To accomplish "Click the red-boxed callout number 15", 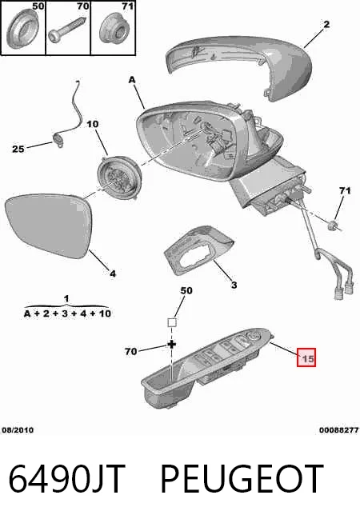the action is pos(306,357).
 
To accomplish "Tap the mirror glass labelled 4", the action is pos(49,226).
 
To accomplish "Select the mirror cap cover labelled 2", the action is pos(239,65).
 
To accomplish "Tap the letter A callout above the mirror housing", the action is pos(132,80).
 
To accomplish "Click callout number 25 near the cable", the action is pos(18,149).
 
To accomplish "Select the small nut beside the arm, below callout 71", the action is pos(332,226).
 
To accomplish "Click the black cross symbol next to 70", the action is pos(171,345).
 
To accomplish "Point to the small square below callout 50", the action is pos(171,323).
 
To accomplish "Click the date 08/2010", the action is pos(18,429).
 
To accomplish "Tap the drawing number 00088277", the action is pos(339,430).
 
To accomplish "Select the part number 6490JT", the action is pos(66,478).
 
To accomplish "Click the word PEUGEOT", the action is pos(242,478).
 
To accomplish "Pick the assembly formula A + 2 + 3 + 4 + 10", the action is pos(67,313).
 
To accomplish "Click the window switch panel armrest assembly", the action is pos(207,369).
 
